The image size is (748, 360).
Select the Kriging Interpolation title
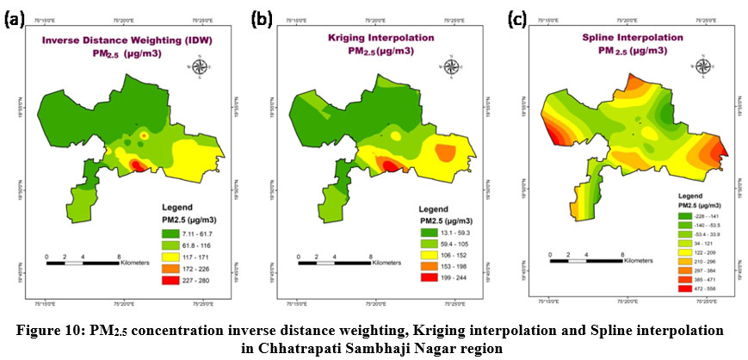click(382, 40)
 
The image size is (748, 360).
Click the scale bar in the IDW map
click(82, 263)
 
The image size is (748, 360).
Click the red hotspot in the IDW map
click(135, 164)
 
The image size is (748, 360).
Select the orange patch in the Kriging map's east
click(446, 153)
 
